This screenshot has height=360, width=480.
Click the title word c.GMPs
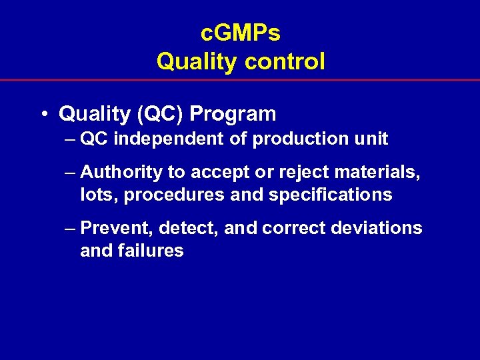pos(240,33)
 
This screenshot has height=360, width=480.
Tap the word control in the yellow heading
pos(285,62)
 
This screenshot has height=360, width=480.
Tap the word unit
pos(369,139)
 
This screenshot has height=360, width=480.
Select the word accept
pos(219,173)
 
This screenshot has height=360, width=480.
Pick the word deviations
pos(376,229)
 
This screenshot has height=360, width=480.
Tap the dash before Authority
pos(71,173)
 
